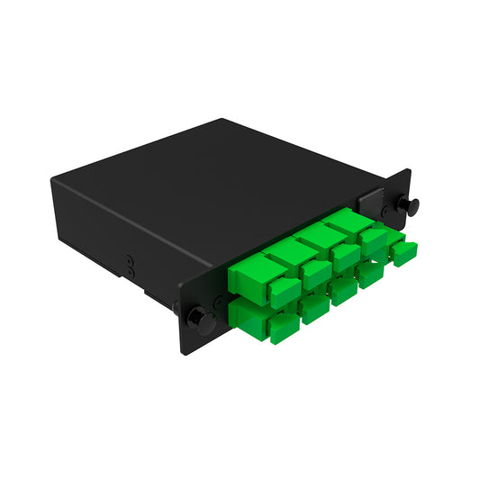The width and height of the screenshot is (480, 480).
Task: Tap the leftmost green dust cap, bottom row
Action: point(283,328)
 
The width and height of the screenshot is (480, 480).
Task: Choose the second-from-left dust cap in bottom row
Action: point(314,308)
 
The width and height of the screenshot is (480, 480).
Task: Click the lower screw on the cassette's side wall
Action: point(130,271)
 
